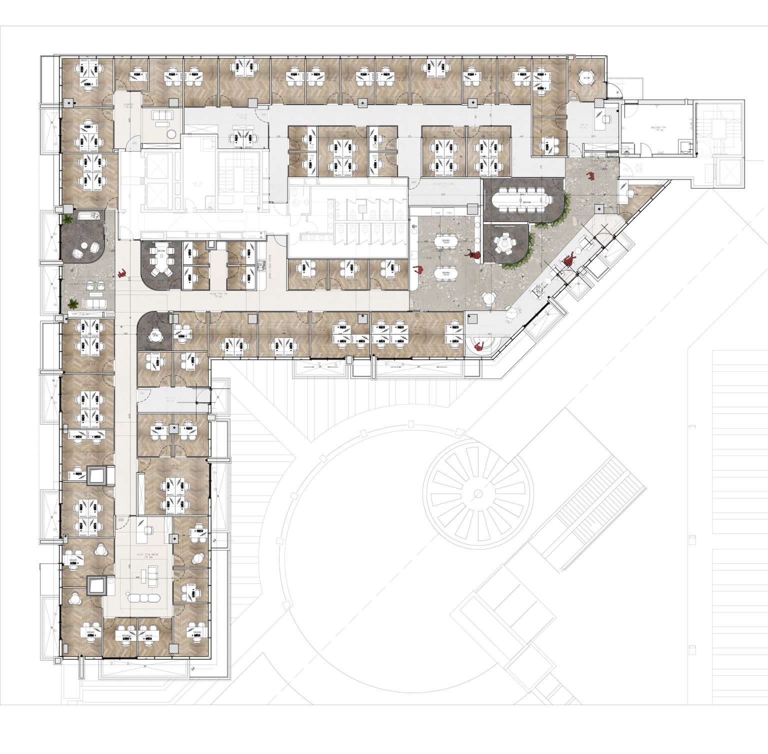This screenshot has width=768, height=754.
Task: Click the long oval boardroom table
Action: (x=523, y=199)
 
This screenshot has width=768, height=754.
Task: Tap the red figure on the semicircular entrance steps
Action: (x=478, y=346)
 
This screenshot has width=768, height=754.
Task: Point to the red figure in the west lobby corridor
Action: (x=121, y=273)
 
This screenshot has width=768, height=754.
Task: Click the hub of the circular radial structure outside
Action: (x=478, y=494)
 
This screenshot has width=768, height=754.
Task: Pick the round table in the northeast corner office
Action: (x=585, y=78)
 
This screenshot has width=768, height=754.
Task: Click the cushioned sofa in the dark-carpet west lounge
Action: (x=91, y=216)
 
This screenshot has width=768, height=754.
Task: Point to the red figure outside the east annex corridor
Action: (x=590, y=175)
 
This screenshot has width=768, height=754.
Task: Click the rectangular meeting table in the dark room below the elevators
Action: (x=161, y=259)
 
